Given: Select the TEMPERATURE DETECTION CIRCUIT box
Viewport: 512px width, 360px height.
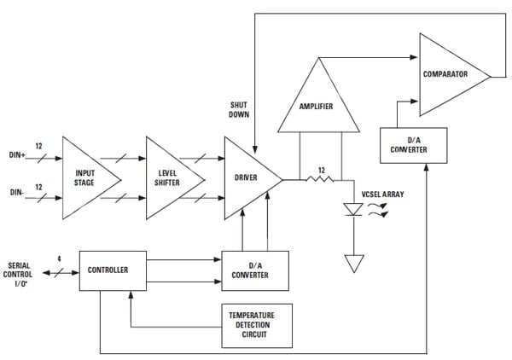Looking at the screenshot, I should (256, 325).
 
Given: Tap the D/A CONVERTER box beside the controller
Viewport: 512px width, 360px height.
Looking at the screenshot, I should (255, 270).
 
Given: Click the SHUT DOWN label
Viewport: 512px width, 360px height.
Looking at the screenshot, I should (239, 108).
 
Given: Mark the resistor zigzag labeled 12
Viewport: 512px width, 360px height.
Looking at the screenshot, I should (320, 180).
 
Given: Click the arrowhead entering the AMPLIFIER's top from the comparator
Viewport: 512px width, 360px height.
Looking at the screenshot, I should (321, 60).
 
